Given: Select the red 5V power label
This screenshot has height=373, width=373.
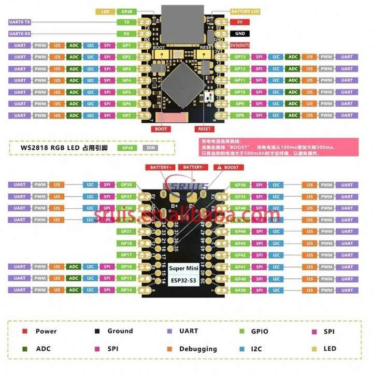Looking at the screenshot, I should click(239, 22).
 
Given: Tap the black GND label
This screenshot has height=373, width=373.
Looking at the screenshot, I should click(239, 34).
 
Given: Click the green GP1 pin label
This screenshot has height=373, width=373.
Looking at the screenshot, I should click(126, 45).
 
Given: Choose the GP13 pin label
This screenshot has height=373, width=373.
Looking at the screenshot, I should click(240, 56).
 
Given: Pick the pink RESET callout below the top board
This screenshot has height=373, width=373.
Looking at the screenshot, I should click(204, 129).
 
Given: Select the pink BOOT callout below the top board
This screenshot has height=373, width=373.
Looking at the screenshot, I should click(161, 129).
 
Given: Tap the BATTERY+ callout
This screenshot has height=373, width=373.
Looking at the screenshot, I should click(161, 167).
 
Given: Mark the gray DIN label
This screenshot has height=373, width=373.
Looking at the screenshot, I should click(150, 148).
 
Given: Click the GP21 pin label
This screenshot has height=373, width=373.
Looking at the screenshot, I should click(126, 232).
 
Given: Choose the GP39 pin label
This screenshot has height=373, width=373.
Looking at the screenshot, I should click(240, 290).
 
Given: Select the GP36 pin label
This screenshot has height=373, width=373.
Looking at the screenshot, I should click(240, 185).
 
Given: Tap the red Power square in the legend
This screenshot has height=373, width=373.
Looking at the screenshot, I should click(24, 331).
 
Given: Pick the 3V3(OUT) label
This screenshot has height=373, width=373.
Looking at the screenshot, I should click(239, 45).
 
